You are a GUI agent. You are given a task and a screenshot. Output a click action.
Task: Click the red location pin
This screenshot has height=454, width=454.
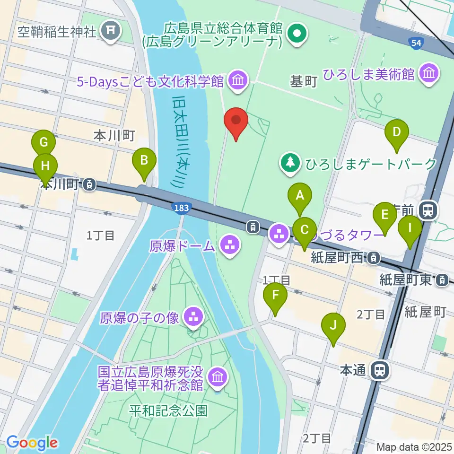click(x=236, y=121)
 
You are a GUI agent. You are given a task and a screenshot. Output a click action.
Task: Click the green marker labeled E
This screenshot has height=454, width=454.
click(x=385, y=216)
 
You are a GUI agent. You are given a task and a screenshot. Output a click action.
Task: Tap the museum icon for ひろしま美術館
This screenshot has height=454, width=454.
click(x=429, y=74)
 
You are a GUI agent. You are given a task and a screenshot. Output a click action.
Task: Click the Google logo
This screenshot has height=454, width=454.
click(x=32, y=443)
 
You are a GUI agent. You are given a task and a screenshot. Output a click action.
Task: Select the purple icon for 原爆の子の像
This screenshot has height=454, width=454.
click(x=193, y=316)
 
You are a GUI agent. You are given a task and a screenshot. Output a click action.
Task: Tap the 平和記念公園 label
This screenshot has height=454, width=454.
click(x=168, y=410)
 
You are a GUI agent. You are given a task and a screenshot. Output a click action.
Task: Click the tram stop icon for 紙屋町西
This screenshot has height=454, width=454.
click(x=374, y=258)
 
